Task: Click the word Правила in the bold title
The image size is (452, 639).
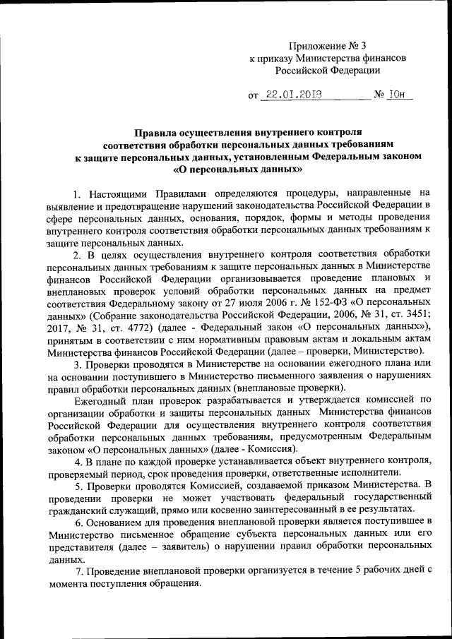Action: (x=156, y=132)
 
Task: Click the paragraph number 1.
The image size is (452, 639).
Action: (x=76, y=192)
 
